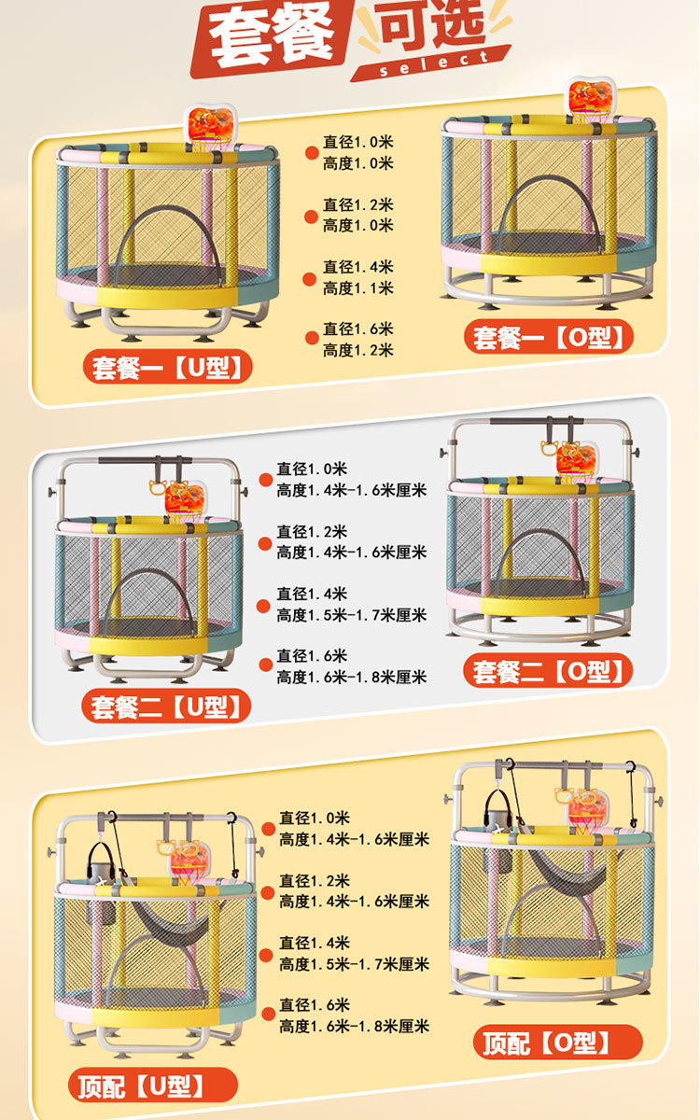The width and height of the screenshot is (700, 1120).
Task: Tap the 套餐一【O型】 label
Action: click(x=549, y=336)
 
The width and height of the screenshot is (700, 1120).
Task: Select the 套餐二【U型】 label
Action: click(x=168, y=706)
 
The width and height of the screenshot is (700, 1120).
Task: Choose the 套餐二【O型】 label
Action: click(x=548, y=671)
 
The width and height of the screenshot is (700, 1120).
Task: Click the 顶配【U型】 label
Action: click(x=152, y=1085)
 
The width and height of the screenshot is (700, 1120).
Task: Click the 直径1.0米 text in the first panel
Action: click(x=358, y=142)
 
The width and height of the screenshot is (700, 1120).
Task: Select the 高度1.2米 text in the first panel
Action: click(x=358, y=351)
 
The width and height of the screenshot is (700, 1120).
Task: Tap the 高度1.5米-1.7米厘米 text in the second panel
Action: click(x=351, y=615)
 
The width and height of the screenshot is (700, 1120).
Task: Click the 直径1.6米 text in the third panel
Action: click(x=315, y=1005)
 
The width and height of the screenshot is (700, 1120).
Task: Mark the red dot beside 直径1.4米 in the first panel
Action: click(x=311, y=278)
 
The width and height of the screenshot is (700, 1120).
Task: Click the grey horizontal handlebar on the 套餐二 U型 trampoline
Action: click(x=144, y=461)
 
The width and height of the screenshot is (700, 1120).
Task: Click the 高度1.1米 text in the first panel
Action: click(x=358, y=288)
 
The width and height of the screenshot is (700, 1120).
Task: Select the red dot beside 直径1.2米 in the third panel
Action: click(x=267, y=892)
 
